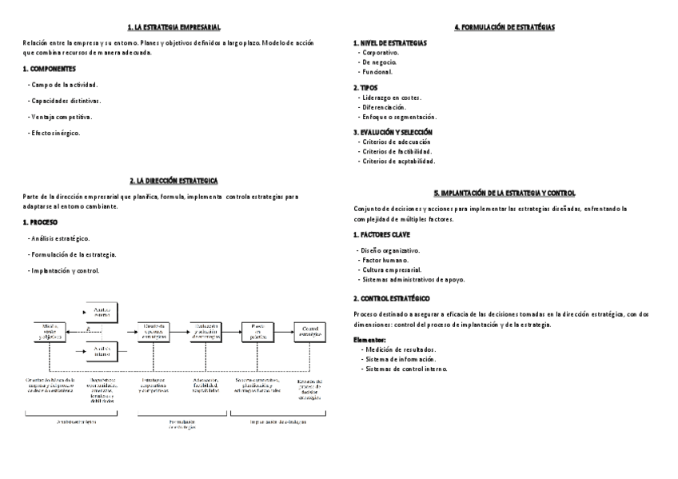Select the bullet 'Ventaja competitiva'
pos(62,117)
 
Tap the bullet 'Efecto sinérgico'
pos(56,133)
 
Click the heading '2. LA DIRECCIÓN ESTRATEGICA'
pos(173,181)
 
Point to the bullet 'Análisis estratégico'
pos(61,238)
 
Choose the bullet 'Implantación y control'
pos(66,270)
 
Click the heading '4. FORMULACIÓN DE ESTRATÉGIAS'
pos(505,27)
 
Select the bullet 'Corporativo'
pos(381,52)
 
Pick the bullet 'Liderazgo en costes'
pos(392,98)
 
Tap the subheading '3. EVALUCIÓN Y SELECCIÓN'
pos(393,132)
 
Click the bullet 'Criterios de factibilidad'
pos(397,151)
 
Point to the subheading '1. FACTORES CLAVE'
pos(387,235)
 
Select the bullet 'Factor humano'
pos(385,261)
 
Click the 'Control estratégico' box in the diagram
pos(310,331)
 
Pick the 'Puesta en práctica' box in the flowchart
pos(258,331)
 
